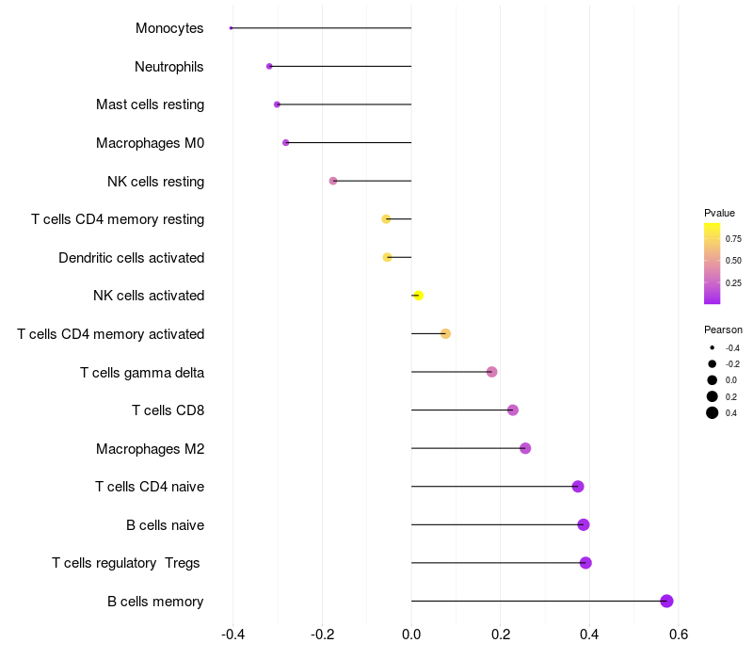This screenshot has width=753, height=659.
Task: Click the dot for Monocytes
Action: coord(231,28)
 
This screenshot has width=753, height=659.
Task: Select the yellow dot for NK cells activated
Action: coord(418,296)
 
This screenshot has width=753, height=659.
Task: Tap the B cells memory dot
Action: coord(666,601)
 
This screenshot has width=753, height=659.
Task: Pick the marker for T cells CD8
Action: coord(513,410)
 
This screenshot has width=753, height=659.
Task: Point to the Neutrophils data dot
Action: coord(269,66)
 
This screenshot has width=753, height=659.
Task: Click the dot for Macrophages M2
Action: coord(525,448)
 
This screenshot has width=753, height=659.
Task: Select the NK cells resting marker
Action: coord(333,181)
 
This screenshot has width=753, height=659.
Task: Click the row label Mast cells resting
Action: coord(150,104)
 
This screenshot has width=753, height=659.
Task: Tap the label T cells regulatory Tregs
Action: coord(126,563)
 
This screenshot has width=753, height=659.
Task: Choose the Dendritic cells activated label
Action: coord(132,258)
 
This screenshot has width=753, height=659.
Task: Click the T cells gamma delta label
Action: coord(142,373)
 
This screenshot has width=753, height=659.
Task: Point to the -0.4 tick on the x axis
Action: coord(232,635)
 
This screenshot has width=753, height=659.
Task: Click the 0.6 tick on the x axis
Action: coord(679,635)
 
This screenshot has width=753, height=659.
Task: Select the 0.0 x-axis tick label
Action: coord(411,635)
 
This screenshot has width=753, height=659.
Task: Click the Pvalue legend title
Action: coord(719,214)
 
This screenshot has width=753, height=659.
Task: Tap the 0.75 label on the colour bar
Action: coord(733,239)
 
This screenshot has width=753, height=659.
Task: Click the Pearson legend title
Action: coord(723,330)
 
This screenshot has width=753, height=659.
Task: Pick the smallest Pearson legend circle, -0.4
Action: coord(713,347)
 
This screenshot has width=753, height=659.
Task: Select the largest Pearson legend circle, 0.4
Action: coord(713,412)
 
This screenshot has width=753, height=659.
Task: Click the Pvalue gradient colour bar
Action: coord(713,264)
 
